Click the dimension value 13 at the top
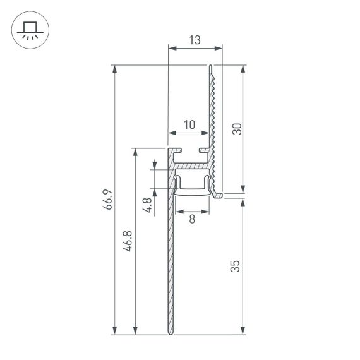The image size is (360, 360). click(x=195, y=40)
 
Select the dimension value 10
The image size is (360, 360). click(x=189, y=125)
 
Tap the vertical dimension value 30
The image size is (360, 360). click(x=237, y=129)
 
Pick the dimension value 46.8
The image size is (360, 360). click(x=128, y=242)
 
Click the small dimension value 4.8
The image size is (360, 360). click(x=148, y=205)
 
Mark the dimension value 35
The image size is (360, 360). click(x=236, y=266)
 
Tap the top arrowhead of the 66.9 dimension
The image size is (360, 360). click(x=114, y=68)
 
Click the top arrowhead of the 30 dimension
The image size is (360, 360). click(x=243, y=68)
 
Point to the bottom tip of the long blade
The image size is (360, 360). click(x=170, y=333)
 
